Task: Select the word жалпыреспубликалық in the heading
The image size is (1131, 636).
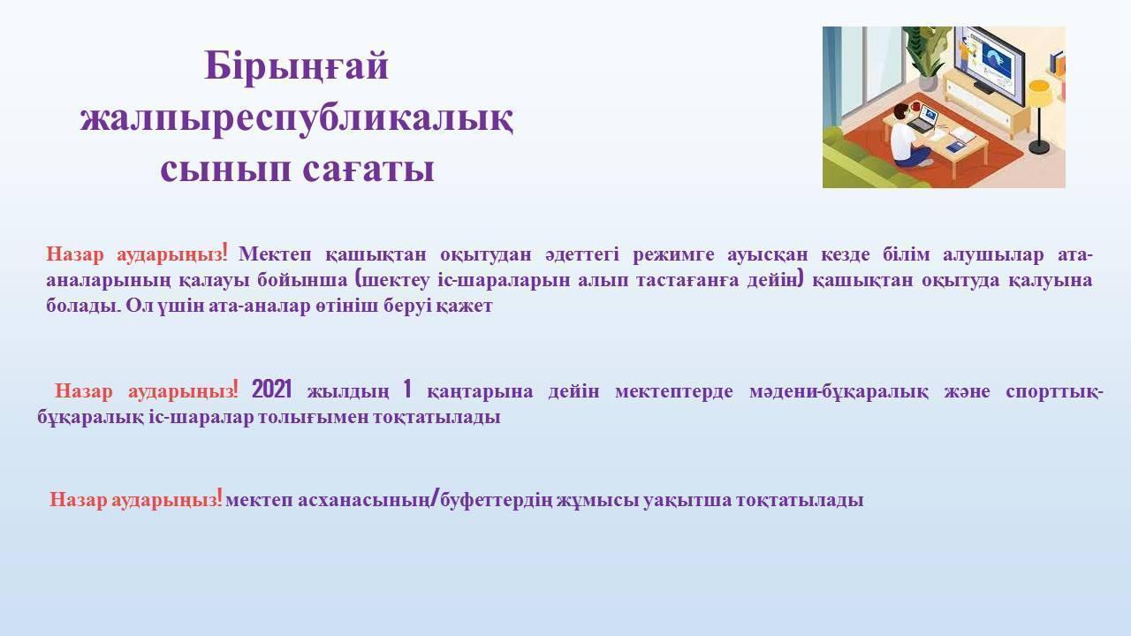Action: coord(297,119)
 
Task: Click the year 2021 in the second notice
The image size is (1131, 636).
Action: coord(271,390)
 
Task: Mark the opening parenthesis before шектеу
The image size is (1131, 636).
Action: coord(359,279)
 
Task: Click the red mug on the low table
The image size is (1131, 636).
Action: coord(915,107)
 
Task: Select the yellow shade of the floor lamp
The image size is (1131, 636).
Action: coord(1041,93)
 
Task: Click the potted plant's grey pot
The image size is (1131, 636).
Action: coord(928,81)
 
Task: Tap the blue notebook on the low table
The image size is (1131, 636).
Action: coord(956,147)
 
